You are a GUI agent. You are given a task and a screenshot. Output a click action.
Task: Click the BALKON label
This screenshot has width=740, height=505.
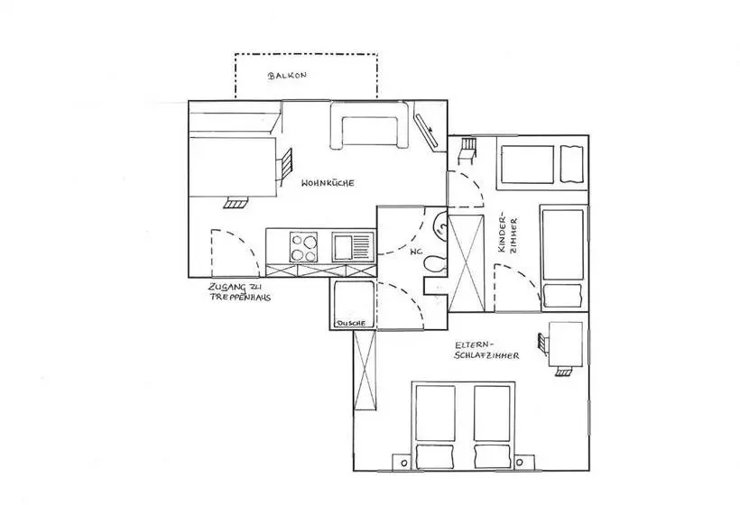(287, 75)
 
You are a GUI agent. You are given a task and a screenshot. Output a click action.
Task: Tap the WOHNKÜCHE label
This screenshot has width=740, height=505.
(328, 183)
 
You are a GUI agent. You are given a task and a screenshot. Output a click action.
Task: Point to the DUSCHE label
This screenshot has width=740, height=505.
(351, 324)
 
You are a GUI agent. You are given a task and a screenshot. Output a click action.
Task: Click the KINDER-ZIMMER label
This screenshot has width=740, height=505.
(508, 235)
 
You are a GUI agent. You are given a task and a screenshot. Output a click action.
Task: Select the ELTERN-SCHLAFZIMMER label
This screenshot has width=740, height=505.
(486, 350)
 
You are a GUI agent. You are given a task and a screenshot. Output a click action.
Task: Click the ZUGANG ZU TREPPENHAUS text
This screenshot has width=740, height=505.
(240, 292)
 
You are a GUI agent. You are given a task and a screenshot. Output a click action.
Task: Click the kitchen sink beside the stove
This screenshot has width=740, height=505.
(353, 247)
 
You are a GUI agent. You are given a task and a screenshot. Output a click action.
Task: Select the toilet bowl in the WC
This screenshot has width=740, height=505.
(435, 263)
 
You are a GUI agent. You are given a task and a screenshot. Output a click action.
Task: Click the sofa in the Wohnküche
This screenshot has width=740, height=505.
(369, 125)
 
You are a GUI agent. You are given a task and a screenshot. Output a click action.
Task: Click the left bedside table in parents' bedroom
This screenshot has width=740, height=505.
(402, 463)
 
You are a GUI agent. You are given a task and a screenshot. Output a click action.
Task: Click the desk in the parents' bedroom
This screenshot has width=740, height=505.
(566, 344)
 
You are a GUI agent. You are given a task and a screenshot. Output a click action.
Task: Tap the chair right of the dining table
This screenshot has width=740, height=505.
(284, 167)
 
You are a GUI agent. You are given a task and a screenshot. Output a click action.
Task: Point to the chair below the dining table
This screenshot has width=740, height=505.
(236, 202)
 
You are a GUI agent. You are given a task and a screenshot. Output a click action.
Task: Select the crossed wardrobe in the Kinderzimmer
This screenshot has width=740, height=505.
(467, 263)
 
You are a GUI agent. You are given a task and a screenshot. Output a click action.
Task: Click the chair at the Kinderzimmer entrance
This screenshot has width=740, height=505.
(467, 151)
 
